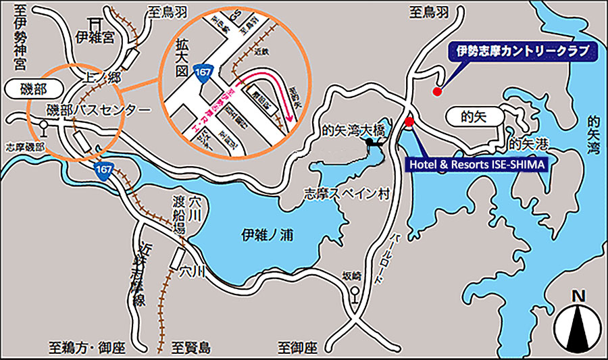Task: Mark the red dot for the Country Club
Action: (x=436, y=91)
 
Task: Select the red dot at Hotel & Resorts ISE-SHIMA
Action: (x=409, y=122)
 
